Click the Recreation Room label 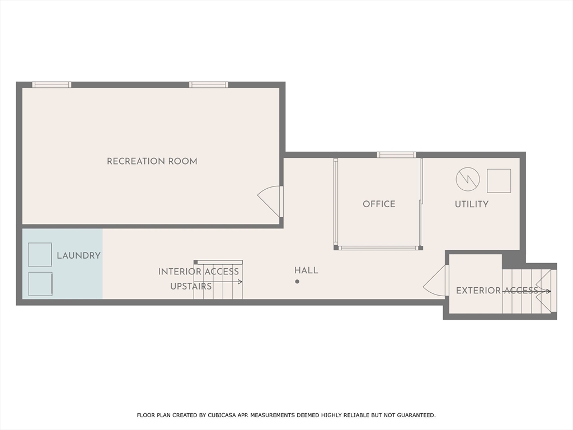tap(152, 161)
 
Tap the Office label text tap(379, 204)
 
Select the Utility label tap(471, 204)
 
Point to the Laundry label tap(78, 255)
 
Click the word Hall tap(306, 270)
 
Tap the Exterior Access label tap(497, 291)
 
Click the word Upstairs tap(191, 286)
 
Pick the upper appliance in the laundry tap(40, 255)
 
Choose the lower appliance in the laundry tap(40, 284)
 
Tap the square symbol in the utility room tap(499, 181)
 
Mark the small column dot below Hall tap(297, 282)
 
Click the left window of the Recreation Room tap(51, 85)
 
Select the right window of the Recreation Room tap(208, 85)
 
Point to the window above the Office tap(396, 155)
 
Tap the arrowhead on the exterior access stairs tap(548, 291)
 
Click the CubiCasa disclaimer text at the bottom tap(286, 415)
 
